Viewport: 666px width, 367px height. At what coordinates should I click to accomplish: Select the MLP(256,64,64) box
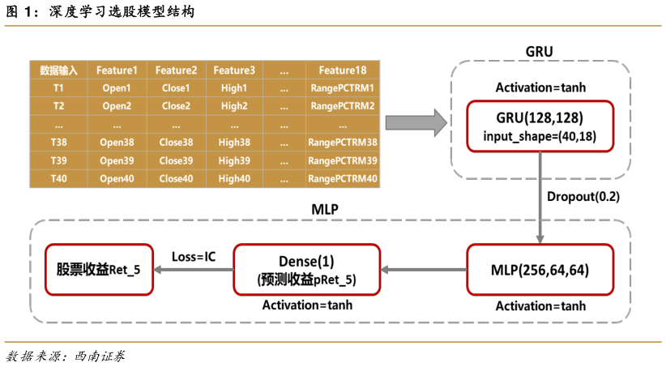[x=540, y=270]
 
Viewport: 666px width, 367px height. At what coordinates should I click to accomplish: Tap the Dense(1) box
[x=306, y=270]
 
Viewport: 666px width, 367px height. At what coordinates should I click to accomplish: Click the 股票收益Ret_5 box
[x=98, y=270]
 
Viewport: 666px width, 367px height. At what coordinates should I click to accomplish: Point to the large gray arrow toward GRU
[x=416, y=123]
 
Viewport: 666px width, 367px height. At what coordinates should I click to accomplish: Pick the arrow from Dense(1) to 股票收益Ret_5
[x=193, y=270]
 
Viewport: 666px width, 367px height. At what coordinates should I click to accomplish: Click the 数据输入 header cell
[x=58, y=70]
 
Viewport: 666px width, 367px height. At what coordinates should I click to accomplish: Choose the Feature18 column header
[x=343, y=70]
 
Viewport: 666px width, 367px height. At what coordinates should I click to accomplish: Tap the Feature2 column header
[x=176, y=70]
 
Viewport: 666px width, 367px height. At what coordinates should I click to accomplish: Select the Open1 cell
[x=117, y=88]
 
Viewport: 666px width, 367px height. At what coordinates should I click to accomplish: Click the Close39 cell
[x=176, y=160]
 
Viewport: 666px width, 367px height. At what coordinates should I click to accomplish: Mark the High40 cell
[x=234, y=178]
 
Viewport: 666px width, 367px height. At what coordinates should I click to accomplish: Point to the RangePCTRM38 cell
[x=343, y=143]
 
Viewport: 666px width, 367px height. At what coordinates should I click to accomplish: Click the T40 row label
[x=58, y=178]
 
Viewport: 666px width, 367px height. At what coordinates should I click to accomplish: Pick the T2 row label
[x=58, y=106]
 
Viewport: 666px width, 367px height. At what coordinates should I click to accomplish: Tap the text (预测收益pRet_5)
[x=306, y=280]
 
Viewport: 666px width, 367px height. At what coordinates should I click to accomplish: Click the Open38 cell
[x=117, y=143]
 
